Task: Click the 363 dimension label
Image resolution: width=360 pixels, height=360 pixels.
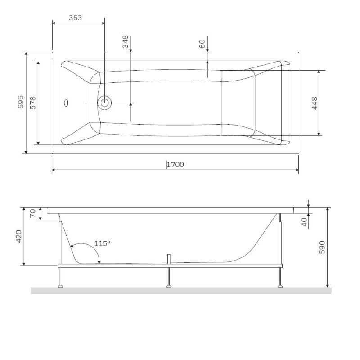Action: point(75,18)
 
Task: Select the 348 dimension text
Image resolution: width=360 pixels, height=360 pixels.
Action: point(126,42)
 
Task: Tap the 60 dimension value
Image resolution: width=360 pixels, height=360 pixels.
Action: point(202,44)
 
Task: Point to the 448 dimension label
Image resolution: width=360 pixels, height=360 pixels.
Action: point(315,103)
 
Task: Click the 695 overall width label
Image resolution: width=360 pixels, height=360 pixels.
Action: point(20,103)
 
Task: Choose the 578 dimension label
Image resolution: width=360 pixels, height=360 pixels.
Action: point(32,103)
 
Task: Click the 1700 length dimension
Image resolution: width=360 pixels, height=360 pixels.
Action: point(175,165)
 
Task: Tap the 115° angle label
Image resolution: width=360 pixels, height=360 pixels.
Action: point(102,243)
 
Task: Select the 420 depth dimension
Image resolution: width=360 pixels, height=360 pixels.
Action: point(19,236)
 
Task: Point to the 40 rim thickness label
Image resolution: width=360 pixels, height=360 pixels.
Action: point(304,221)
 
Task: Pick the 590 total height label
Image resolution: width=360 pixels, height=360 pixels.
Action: point(322,247)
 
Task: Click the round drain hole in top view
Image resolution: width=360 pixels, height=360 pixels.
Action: point(105,103)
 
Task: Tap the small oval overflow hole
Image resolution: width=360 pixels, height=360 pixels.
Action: point(67,103)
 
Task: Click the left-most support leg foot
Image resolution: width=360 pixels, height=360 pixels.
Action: point(60,284)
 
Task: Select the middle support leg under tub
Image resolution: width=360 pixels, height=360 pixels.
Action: point(169,277)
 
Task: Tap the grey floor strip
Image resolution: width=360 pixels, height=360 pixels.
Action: point(180,291)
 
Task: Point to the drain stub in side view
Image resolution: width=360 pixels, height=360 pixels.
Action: point(169,258)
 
